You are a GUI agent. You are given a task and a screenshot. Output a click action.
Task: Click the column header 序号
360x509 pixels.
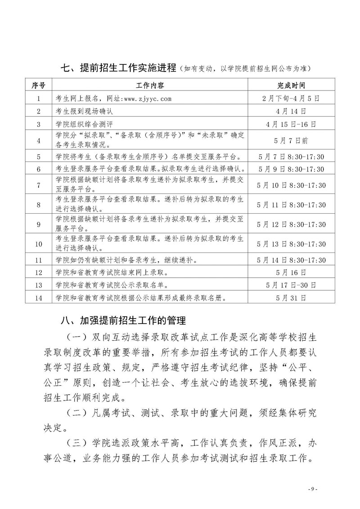point(39,86)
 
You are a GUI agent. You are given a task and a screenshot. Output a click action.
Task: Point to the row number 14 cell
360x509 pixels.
point(39,297)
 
